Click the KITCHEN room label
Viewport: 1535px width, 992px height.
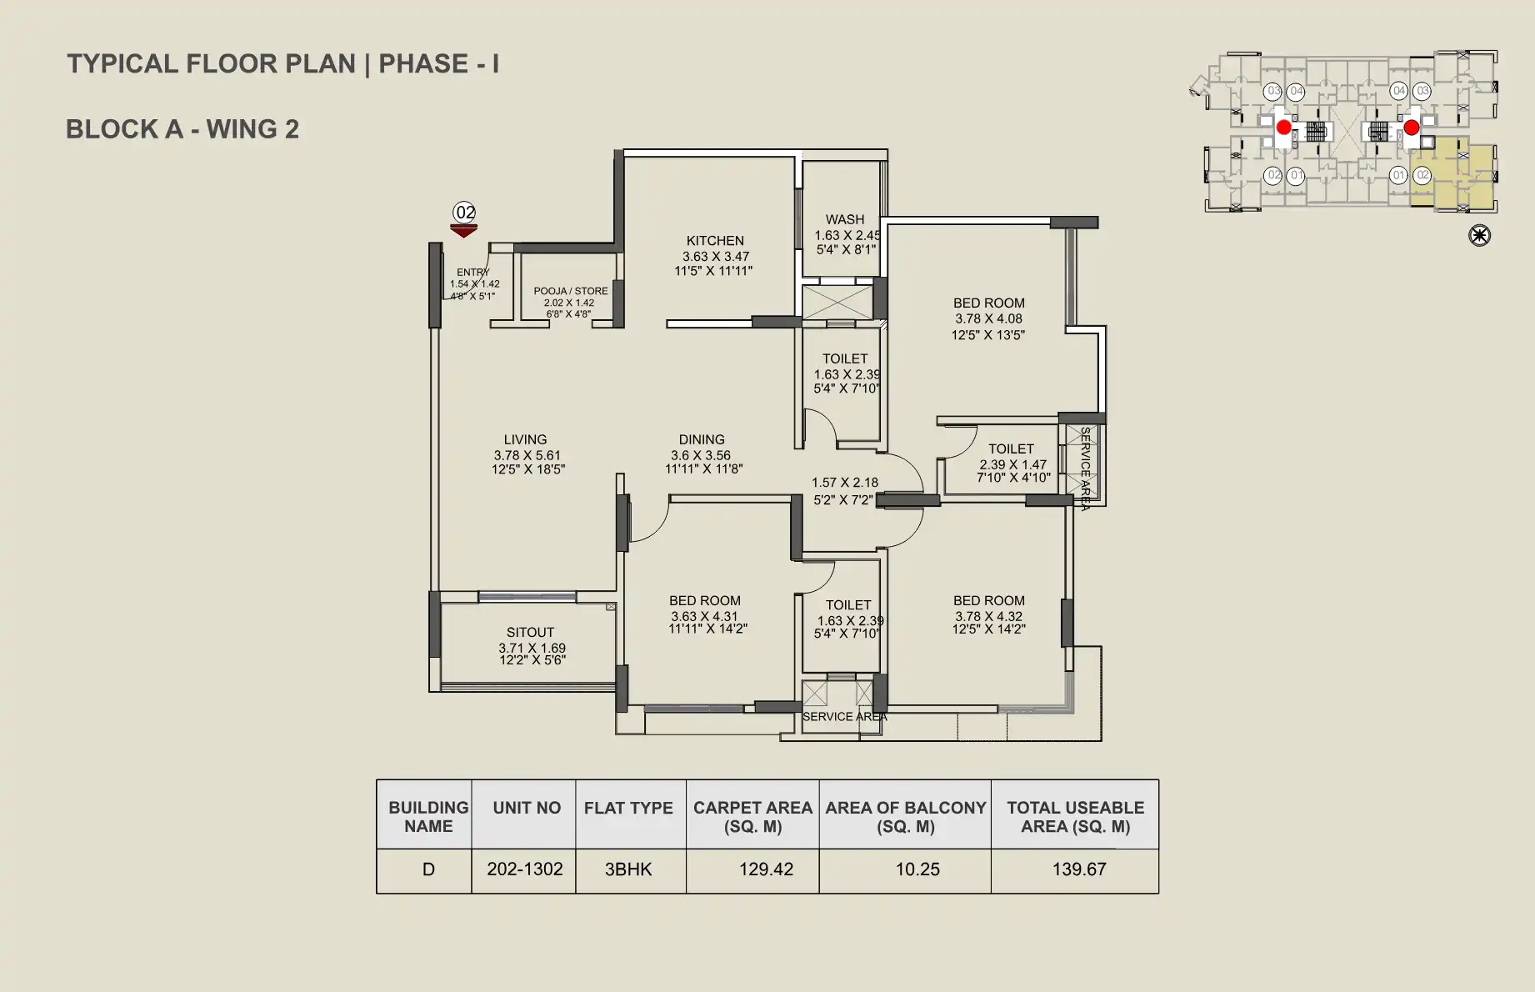tap(715, 241)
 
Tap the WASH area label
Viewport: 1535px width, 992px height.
tap(845, 219)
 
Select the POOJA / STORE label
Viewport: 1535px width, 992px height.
tap(571, 291)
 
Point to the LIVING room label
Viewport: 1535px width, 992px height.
tap(525, 439)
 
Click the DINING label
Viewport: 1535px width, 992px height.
tap(702, 439)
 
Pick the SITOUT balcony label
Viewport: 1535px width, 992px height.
tap(530, 632)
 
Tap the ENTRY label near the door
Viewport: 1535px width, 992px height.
tap(472, 273)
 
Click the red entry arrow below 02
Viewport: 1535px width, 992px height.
tap(464, 231)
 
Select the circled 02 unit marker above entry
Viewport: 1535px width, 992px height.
tap(465, 213)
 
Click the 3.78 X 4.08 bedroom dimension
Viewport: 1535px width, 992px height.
tap(988, 318)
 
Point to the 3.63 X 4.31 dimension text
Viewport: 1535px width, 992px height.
tap(704, 617)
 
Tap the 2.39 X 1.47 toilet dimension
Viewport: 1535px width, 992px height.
tap(1012, 464)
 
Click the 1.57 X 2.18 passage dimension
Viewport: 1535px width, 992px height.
tap(845, 483)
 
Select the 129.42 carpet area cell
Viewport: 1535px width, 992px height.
tap(766, 869)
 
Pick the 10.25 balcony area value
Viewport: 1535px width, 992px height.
tap(917, 869)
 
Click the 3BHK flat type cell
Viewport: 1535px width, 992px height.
tap(628, 869)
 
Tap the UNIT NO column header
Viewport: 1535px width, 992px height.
tap(527, 808)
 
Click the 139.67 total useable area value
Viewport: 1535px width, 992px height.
tap(1079, 869)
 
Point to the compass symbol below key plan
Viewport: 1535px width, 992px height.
tap(1479, 236)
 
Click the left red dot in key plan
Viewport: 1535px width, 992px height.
tap(1284, 128)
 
